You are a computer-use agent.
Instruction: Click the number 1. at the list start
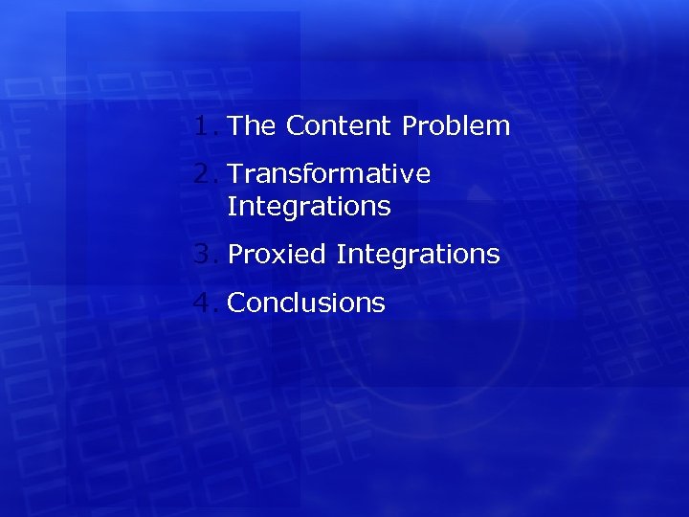click(x=206, y=125)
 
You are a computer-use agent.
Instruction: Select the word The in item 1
click(x=253, y=125)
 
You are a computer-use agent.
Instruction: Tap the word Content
click(x=339, y=125)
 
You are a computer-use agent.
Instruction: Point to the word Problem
click(x=456, y=125)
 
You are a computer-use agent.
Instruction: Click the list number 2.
click(x=206, y=174)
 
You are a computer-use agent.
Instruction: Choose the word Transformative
click(x=329, y=174)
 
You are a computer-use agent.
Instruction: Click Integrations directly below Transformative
click(x=309, y=207)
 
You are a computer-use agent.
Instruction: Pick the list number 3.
click(x=206, y=255)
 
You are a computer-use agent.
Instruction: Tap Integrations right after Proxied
click(x=418, y=255)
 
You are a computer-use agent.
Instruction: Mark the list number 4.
click(x=206, y=303)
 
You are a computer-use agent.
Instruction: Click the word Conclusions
click(x=306, y=303)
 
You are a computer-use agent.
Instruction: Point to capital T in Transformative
click(x=235, y=174)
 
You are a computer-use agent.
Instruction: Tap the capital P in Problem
click(x=409, y=125)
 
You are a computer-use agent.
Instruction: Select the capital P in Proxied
click(x=235, y=255)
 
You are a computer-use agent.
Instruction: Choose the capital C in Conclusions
click(x=236, y=303)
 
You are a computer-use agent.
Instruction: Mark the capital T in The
click(x=236, y=125)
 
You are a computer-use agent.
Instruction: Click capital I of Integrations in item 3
click(x=340, y=255)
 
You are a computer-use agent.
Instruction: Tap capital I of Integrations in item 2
click(x=232, y=207)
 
